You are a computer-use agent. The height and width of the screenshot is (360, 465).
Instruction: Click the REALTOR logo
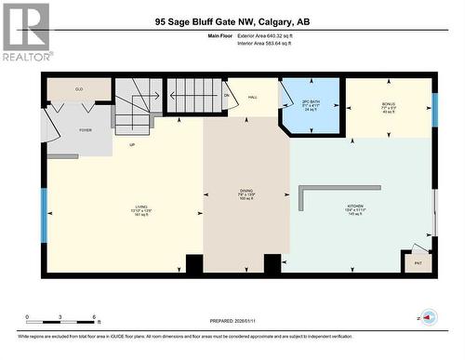point(25,32)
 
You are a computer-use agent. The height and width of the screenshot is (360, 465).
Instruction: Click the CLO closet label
point(80,88)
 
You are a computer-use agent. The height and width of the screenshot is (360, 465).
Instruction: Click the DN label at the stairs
point(226,95)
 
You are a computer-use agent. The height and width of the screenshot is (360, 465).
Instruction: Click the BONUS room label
point(389,104)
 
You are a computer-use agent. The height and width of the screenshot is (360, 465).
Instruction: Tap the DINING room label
point(246,193)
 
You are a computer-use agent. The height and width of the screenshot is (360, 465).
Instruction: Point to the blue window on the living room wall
point(43,215)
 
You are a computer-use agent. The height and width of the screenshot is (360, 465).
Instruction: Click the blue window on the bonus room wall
point(434,110)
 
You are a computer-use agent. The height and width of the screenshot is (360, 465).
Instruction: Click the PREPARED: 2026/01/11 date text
point(227,321)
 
